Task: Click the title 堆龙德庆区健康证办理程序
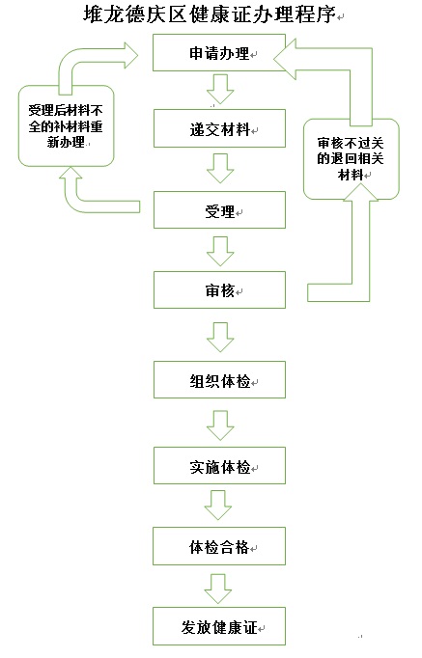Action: [210, 14]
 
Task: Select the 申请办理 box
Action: [219, 52]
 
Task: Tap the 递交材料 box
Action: [219, 128]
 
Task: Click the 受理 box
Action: [219, 209]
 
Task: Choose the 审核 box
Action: [219, 290]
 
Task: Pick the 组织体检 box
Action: [219, 380]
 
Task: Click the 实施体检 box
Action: [219, 465]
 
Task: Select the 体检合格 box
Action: [219, 546]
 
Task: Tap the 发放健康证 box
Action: [219, 626]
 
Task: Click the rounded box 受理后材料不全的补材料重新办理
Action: [66, 125]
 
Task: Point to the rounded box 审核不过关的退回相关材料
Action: [352, 159]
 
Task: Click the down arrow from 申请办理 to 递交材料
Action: [219, 90]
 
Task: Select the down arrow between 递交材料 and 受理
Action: [219, 168]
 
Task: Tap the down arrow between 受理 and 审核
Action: [219, 251]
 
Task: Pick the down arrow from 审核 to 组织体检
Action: [219, 337]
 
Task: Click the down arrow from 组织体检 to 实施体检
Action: [219, 425]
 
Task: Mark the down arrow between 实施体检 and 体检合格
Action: [218, 506]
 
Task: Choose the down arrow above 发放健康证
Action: [218, 589]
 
